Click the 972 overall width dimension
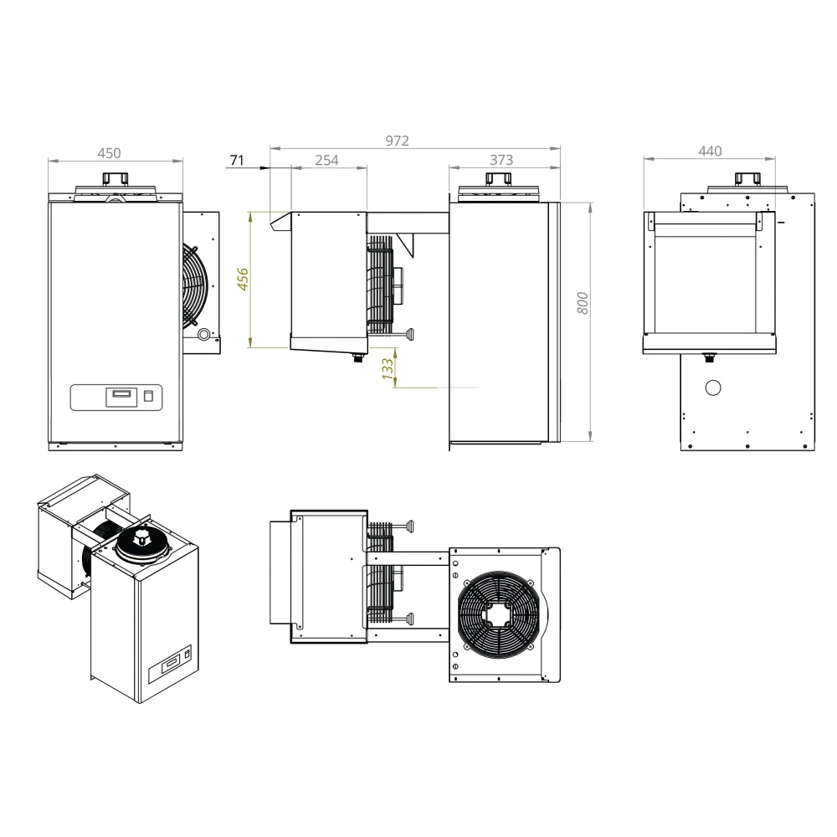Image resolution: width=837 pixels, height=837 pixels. [x=397, y=141]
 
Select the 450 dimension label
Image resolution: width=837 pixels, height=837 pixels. [x=109, y=153]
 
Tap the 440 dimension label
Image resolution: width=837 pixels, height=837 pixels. [x=710, y=151]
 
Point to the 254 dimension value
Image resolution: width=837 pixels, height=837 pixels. [x=326, y=160]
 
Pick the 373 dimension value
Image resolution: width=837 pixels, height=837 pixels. [x=501, y=160]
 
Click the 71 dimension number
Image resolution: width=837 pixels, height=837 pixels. [x=237, y=160]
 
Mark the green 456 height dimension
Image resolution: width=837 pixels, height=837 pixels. [x=243, y=280]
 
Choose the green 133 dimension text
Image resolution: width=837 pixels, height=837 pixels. [x=388, y=368]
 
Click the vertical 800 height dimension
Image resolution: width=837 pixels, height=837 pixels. [x=583, y=303]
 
